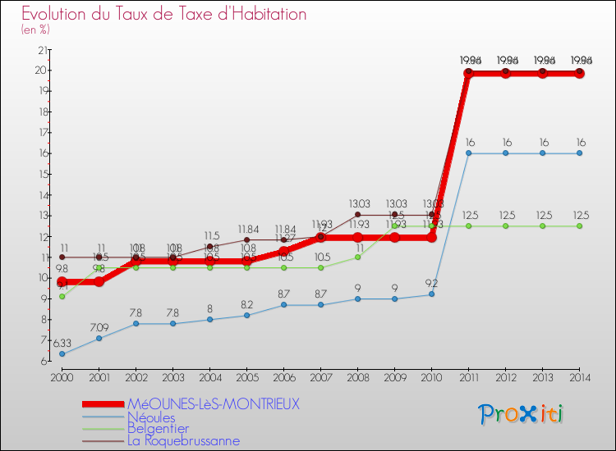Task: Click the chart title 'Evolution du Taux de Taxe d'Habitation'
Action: [x=164, y=14]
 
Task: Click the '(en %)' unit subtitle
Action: [x=35, y=30]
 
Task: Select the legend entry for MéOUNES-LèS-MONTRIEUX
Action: [x=214, y=404]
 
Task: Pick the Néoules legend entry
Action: [x=150, y=417]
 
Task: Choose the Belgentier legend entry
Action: [x=158, y=428]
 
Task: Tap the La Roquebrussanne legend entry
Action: [x=184, y=440]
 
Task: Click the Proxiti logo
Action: [x=522, y=414]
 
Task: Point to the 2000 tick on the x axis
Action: [x=62, y=376]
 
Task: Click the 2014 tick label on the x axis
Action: [x=579, y=376]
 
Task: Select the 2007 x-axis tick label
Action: [x=320, y=376]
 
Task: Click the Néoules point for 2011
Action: [x=468, y=153]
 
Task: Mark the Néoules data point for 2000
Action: [x=62, y=354]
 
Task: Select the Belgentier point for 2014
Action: [x=579, y=225]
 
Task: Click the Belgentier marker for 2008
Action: [x=357, y=257]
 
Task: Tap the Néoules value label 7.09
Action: [x=99, y=327]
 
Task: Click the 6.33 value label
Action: [x=62, y=343]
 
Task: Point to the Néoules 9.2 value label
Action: [x=430, y=283]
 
